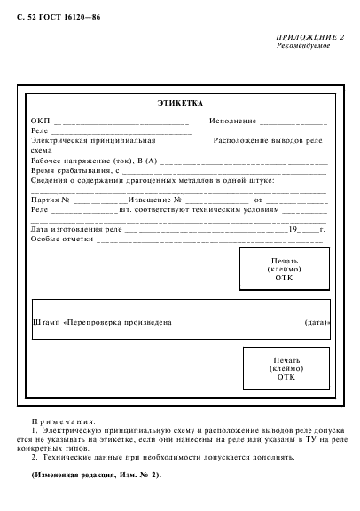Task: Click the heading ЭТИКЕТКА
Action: [x=180, y=103]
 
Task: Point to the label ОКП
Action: [x=41, y=121]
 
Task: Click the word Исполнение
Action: [x=232, y=121]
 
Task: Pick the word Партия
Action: [x=45, y=200]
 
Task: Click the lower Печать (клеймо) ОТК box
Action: [x=286, y=368]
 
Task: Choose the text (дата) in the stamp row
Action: [x=317, y=322]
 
